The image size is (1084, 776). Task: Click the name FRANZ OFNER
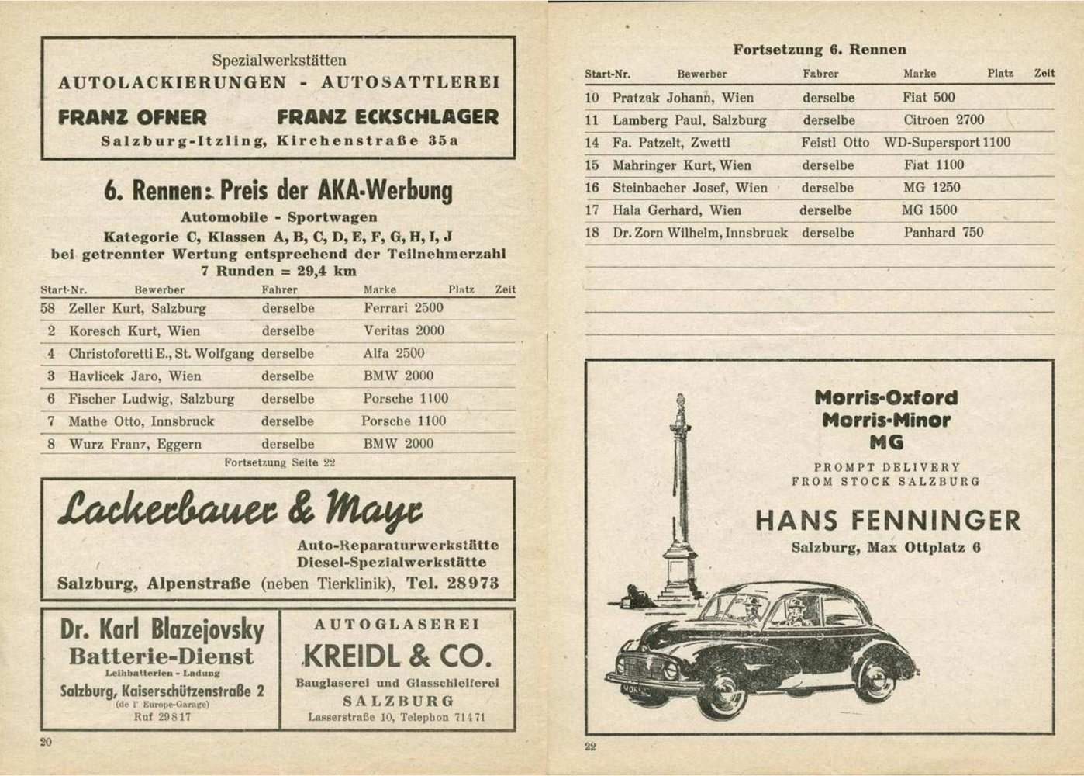click(133, 118)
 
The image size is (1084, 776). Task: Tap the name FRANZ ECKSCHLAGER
click(388, 118)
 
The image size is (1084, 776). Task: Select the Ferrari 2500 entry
click(403, 308)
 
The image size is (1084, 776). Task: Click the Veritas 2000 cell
click(404, 331)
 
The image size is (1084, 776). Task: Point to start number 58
click(48, 308)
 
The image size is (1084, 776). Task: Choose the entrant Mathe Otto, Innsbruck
click(141, 421)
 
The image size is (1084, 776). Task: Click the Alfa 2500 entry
click(394, 353)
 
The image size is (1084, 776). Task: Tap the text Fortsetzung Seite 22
click(279, 462)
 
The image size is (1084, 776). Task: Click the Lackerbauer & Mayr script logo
click(240, 510)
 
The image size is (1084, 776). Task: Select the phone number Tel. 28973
click(452, 584)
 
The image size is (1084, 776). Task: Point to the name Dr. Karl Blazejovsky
click(162, 629)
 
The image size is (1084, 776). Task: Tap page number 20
click(46, 742)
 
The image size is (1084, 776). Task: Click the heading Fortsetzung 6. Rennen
click(820, 50)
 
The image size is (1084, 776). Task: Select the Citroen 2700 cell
click(944, 120)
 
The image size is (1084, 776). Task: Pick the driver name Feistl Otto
click(835, 143)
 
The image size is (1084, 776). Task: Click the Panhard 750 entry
click(943, 233)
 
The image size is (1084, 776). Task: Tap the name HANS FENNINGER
click(888, 520)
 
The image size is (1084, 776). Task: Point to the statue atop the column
click(681, 407)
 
